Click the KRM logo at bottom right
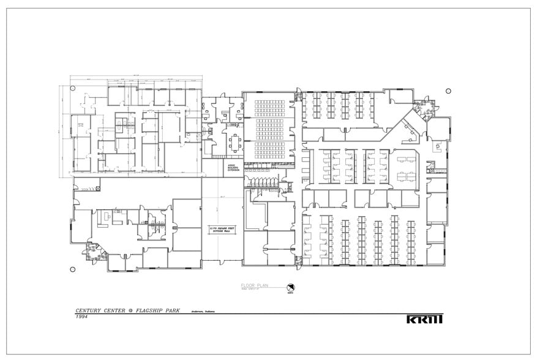pyautogui.click(x=424, y=318)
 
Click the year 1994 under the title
pyautogui.click(x=82, y=317)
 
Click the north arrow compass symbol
pyautogui.click(x=291, y=287)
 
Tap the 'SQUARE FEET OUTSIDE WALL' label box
pyautogui.click(x=222, y=229)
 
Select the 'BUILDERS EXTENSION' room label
pyautogui.click(x=234, y=167)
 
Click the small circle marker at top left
pyautogui.click(x=73, y=88)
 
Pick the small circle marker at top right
pyautogui.click(x=448, y=91)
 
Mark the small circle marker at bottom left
pyautogui.click(x=73, y=269)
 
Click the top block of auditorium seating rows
pyautogui.click(x=269, y=107)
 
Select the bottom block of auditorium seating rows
pyautogui.click(x=269, y=150)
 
